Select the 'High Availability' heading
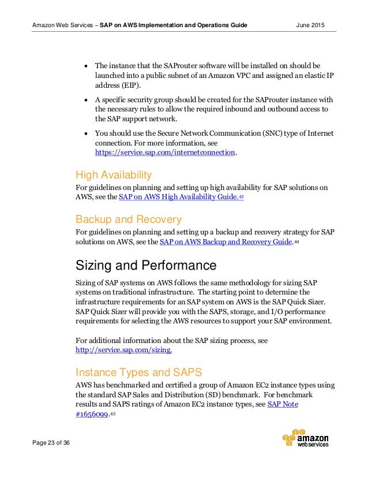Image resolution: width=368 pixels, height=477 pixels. (x=114, y=174)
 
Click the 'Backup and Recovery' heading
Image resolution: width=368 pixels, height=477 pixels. (x=129, y=219)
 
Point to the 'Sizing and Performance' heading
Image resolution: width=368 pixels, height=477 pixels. (x=146, y=266)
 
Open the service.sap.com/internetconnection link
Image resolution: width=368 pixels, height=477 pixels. (x=165, y=152)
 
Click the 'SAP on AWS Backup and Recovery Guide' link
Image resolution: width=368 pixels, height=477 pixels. (x=225, y=242)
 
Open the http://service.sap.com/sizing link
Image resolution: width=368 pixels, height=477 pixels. (x=124, y=350)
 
